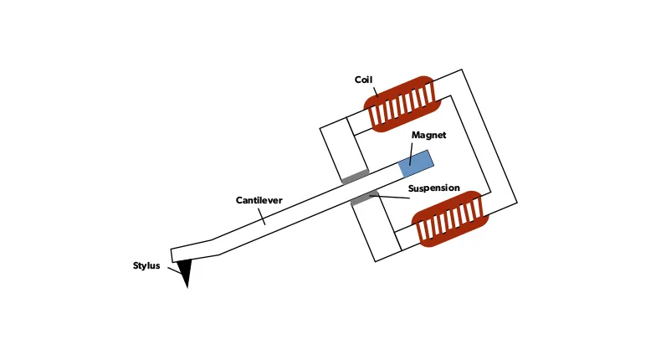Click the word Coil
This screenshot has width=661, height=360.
pyautogui.click(x=362, y=80)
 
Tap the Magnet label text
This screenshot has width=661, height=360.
pyautogui.click(x=428, y=135)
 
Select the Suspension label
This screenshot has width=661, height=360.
pyautogui.click(x=433, y=188)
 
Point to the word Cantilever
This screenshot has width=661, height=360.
pyautogui.click(x=259, y=201)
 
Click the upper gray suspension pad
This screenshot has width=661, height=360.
pyautogui.click(x=355, y=176)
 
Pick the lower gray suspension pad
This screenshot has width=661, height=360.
pyautogui.click(x=364, y=198)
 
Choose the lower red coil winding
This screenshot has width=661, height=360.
pyautogui.click(x=447, y=219)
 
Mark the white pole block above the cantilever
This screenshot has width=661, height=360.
pyautogui.click(x=341, y=151)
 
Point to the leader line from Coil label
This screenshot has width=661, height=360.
pyautogui.click(x=374, y=92)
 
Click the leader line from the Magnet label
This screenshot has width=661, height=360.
pyautogui.click(x=413, y=151)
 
